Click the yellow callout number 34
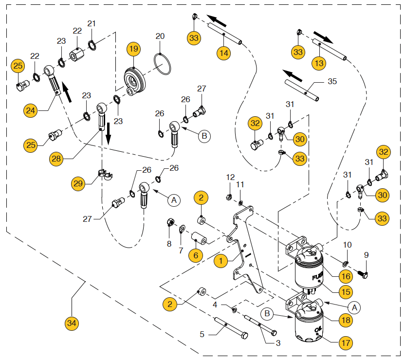coord(72,322)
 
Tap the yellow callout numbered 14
coord(223,53)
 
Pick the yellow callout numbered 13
coord(319,63)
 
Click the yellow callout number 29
coord(78,183)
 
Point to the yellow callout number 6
coord(195,254)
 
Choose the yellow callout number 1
coord(221,260)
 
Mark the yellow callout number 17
coord(345,343)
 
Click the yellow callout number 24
coord(31,111)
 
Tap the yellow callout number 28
coord(56,159)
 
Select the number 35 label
coord(332,81)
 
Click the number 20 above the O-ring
coord(160,36)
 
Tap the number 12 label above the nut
coord(230,177)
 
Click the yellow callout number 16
coord(346,277)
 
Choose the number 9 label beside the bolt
coord(367,255)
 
